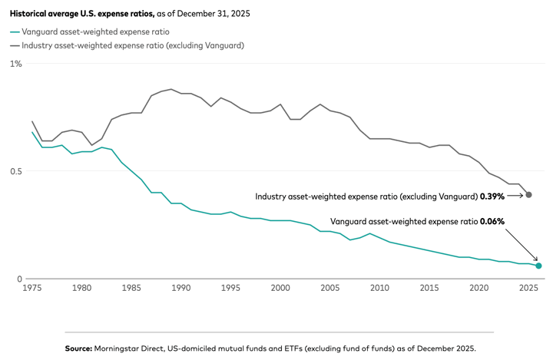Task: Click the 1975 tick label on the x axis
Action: click(x=31, y=288)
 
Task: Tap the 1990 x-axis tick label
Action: click(x=180, y=288)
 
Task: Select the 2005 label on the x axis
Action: click(x=330, y=288)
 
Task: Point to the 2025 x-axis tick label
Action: click(x=529, y=288)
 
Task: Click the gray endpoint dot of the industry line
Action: click(x=528, y=195)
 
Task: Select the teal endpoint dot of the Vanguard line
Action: click(x=538, y=266)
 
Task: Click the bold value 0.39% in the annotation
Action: click(x=492, y=197)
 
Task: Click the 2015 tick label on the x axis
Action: click(x=429, y=288)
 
